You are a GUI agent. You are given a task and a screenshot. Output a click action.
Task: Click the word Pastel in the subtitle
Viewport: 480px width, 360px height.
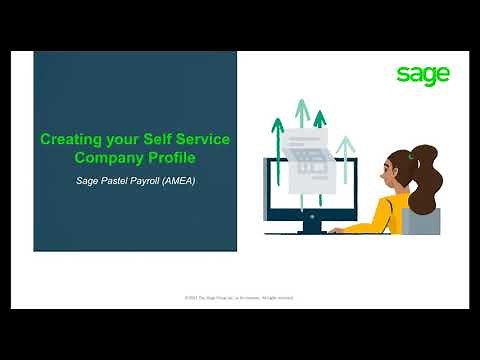(122, 182)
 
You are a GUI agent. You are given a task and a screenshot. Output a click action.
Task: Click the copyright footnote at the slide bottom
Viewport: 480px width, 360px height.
(239, 297)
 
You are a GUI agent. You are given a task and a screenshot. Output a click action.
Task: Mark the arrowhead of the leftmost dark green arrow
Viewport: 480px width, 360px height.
(279, 124)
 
